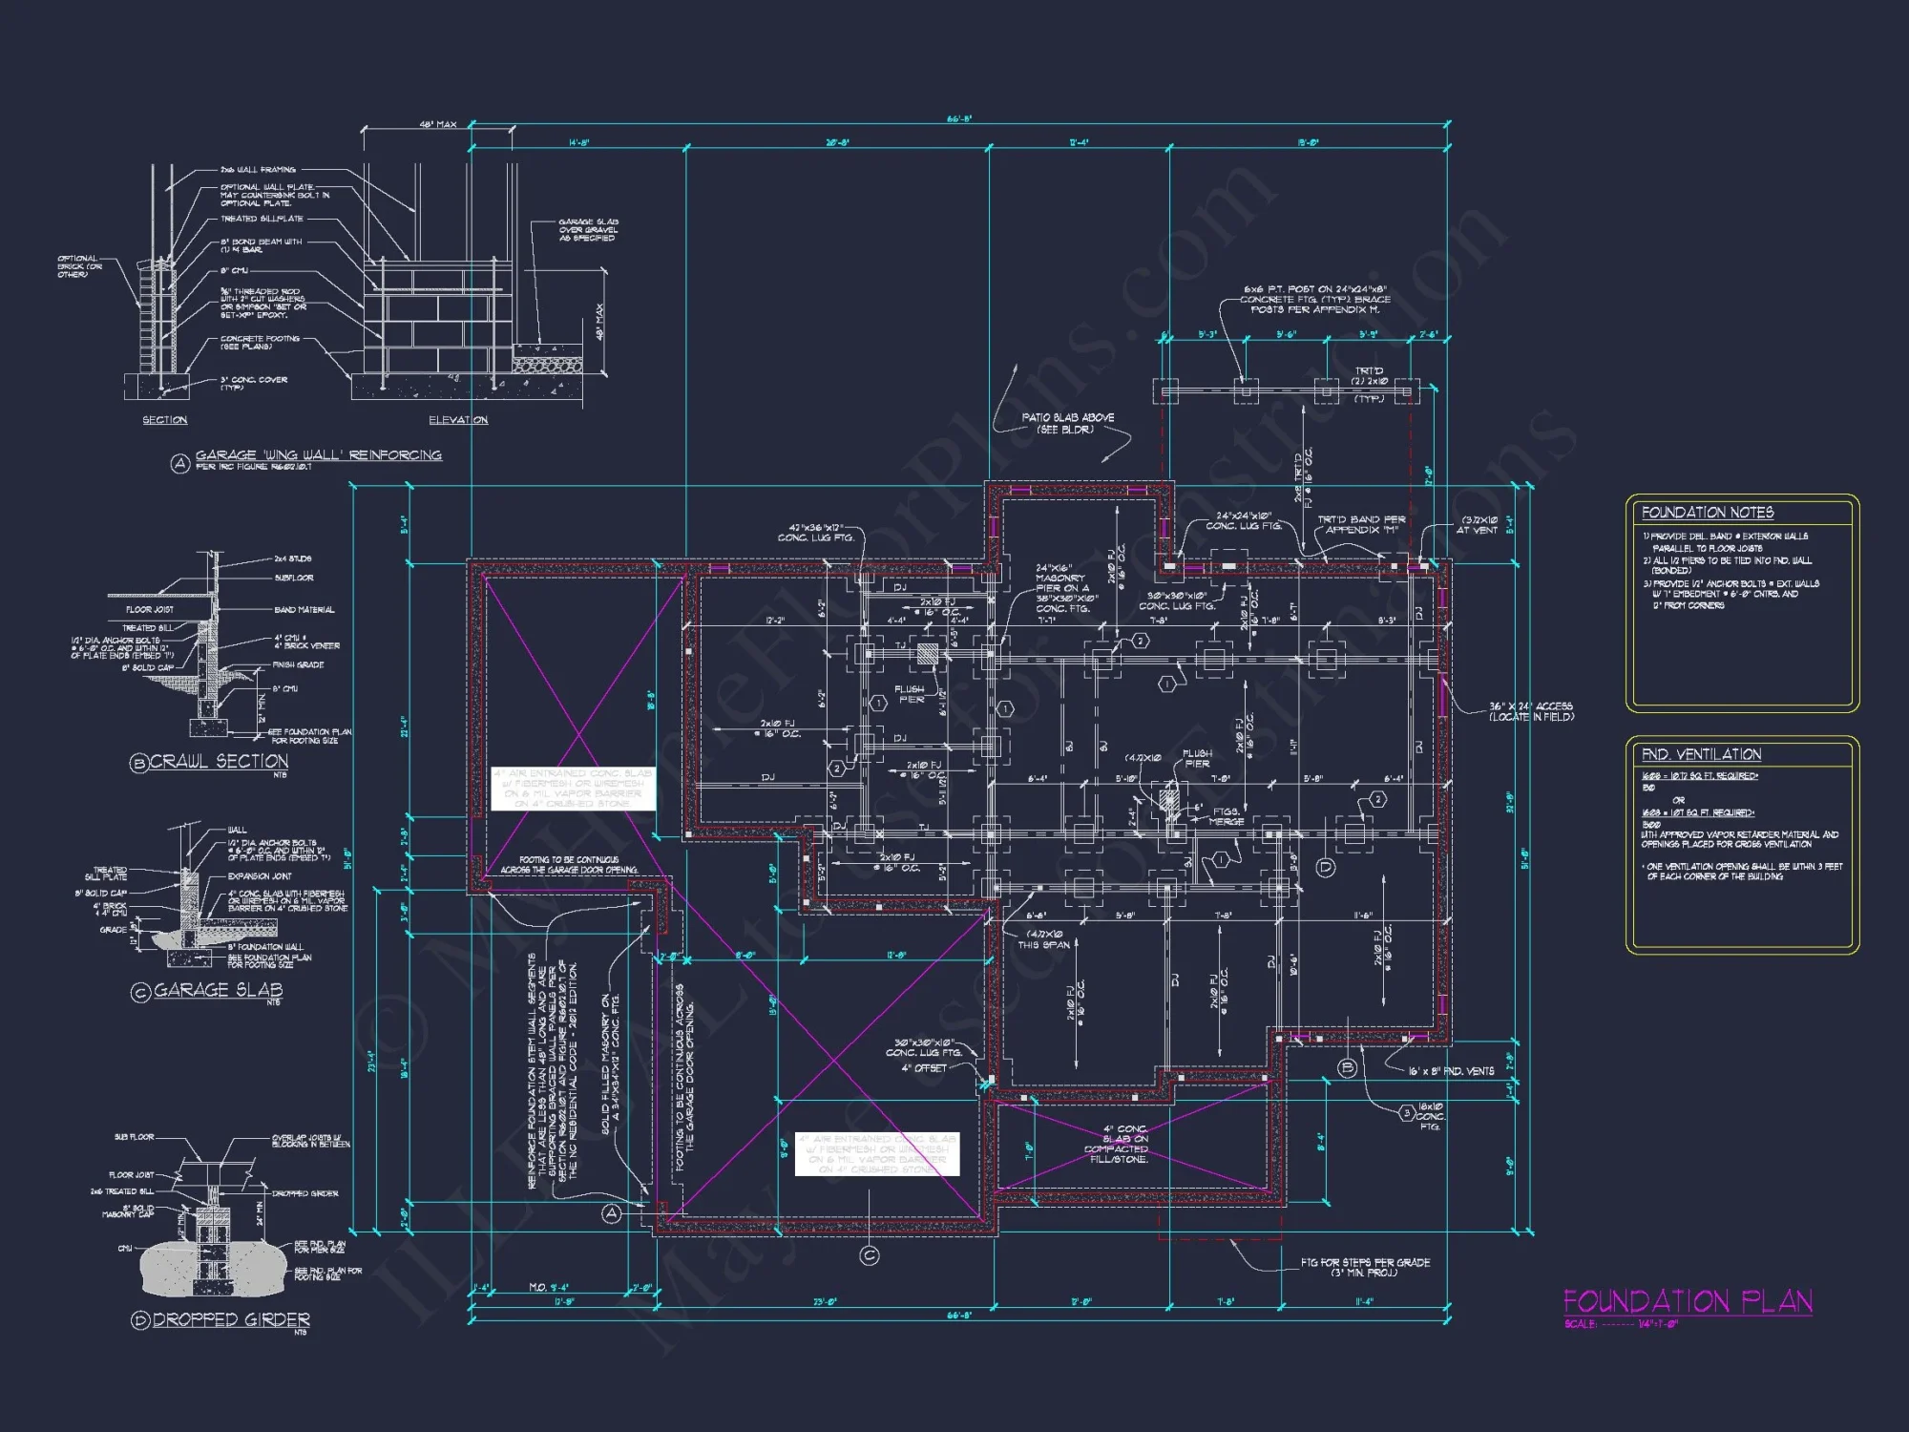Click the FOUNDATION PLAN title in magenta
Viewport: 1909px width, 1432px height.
pyautogui.click(x=1687, y=1302)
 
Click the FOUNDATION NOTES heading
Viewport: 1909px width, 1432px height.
pyautogui.click(x=1707, y=513)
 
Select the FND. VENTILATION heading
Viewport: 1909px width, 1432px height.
pyautogui.click(x=1701, y=754)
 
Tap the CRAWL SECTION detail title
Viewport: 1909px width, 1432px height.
pyautogui.click(x=219, y=762)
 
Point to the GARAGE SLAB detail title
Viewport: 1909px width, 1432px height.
pyautogui.click(x=218, y=990)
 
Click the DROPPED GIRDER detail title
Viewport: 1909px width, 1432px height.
pyautogui.click(x=231, y=1320)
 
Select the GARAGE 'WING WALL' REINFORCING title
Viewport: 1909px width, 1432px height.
pyautogui.click(x=318, y=455)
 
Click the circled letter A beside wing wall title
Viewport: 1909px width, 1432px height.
pyautogui.click(x=178, y=465)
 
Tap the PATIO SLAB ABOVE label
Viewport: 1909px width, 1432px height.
pyautogui.click(x=1067, y=423)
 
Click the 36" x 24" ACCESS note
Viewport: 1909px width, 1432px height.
pyautogui.click(x=1530, y=711)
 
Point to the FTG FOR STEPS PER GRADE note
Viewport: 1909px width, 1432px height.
pyautogui.click(x=1365, y=1267)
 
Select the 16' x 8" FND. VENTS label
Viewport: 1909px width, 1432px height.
pyautogui.click(x=1451, y=1071)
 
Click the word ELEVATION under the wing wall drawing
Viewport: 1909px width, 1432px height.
pyautogui.click(x=458, y=420)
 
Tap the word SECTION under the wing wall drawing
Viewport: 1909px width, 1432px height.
pyautogui.click(x=164, y=420)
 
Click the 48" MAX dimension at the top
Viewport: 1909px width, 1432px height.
pyautogui.click(x=438, y=125)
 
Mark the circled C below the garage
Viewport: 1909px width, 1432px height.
pyautogui.click(x=869, y=1255)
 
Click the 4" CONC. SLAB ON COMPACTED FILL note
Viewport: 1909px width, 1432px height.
pyautogui.click(x=1123, y=1144)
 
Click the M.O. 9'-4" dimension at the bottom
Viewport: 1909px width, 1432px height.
pyautogui.click(x=548, y=1288)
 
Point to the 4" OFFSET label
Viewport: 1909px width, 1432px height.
pyautogui.click(x=923, y=1068)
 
